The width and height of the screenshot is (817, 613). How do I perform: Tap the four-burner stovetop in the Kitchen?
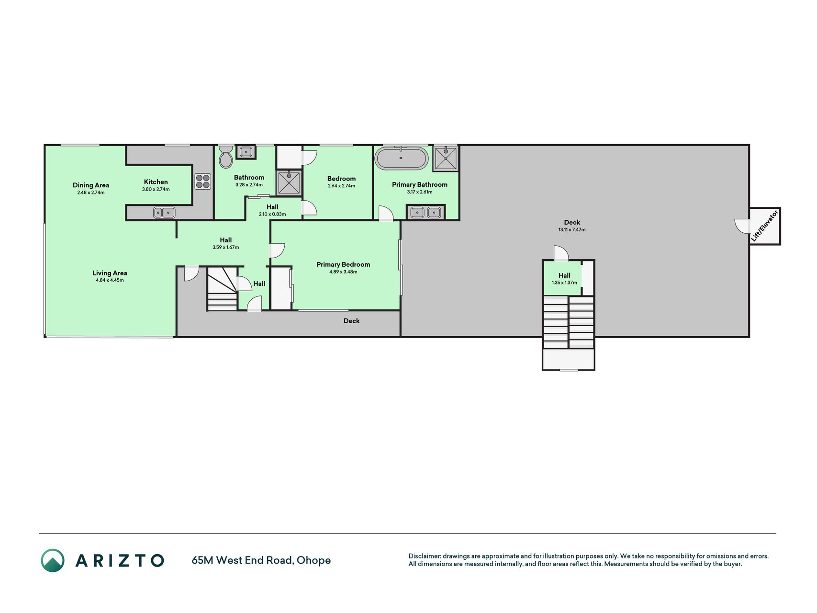(202, 182)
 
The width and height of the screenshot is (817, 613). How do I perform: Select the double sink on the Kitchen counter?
(164, 212)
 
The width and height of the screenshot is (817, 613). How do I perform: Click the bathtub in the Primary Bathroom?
(401, 158)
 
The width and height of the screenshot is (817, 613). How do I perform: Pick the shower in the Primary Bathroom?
(445, 158)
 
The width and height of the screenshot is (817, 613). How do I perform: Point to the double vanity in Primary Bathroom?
(425, 212)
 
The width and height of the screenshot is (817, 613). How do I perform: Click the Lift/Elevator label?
(765, 226)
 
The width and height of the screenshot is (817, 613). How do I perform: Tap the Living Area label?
(110, 273)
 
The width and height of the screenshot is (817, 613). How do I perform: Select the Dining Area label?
(91, 185)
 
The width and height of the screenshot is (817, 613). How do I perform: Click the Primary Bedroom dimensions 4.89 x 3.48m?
(343, 272)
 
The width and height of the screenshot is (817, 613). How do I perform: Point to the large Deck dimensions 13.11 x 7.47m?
(572, 230)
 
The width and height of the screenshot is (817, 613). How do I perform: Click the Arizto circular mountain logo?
(53, 560)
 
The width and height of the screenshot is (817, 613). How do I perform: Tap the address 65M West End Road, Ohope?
(261, 560)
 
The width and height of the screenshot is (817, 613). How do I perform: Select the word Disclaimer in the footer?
(424, 556)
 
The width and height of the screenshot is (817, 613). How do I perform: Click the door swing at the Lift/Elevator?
(742, 226)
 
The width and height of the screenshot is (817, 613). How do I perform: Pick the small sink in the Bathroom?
(246, 152)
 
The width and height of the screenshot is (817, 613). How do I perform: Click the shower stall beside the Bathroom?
(289, 182)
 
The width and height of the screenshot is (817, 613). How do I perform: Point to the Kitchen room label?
(156, 182)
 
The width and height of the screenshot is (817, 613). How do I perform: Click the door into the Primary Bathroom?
(386, 214)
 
